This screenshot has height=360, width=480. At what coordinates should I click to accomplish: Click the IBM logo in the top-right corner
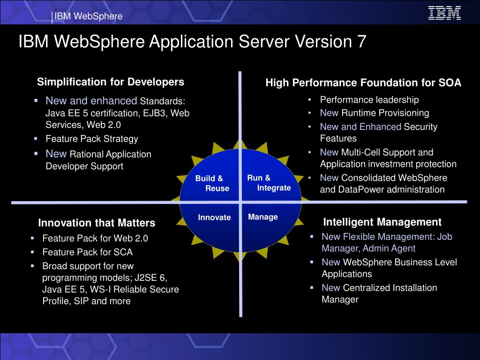coord(444,13)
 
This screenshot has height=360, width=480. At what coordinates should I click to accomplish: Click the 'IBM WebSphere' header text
coord(89,16)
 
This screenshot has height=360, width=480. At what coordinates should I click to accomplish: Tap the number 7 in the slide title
coord(361,42)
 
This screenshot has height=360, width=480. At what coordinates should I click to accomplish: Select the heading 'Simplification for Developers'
coord(111,82)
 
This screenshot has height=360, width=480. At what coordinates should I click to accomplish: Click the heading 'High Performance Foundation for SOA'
coord(363,83)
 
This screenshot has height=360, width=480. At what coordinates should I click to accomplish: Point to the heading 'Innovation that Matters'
coord(97,223)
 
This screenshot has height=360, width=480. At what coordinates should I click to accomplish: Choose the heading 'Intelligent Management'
coord(382,222)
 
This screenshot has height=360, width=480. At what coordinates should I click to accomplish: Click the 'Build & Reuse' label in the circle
coord(212,183)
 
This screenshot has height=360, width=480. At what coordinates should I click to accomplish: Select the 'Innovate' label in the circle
coord(214,217)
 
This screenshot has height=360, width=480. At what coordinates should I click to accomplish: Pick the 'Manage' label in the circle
coord(263,217)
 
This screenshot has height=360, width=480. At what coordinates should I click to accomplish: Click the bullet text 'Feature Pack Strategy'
coord(92,139)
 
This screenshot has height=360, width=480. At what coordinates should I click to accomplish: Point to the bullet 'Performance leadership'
coord(369,99)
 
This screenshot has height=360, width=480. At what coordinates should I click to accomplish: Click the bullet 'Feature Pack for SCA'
coord(87,252)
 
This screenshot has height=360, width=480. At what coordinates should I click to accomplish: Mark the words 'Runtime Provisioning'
coord(385,113)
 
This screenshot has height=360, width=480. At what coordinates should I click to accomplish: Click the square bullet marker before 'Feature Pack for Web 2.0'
coord(33,238)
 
